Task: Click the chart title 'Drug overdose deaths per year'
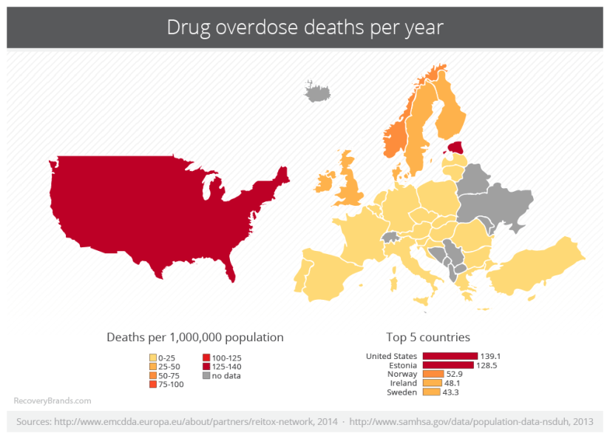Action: [x=305, y=28]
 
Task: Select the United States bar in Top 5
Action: [x=450, y=356]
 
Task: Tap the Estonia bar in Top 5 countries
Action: [x=447, y=365]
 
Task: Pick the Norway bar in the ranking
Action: [x=433, y=374]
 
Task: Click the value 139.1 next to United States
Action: [x=490, y=356]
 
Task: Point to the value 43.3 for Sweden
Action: [x=451, y=392]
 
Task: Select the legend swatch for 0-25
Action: [x=152, y=358]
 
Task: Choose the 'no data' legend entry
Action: [x=226, y=375]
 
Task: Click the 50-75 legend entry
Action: [x=169, y=375]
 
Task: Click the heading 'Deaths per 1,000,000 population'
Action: [x=195, y=337]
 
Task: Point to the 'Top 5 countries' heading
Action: [x=427, y=337]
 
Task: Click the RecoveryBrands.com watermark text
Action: [x=52, y=401]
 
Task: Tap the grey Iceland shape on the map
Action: [x=316, y=94]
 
